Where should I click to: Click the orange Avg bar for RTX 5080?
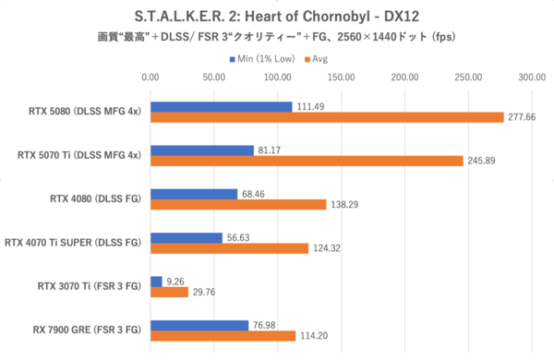tap(327, 117)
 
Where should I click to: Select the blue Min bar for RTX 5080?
tap(221, 106)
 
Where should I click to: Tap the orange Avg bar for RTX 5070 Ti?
tap(307, 161)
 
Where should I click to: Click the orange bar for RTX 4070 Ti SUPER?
tap(229, 248)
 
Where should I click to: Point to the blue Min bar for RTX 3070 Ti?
tap(156, 281)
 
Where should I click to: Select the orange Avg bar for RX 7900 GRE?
tap(223, 335)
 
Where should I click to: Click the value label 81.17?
tap(271, 150)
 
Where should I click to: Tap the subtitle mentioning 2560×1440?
tap(277, 37)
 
